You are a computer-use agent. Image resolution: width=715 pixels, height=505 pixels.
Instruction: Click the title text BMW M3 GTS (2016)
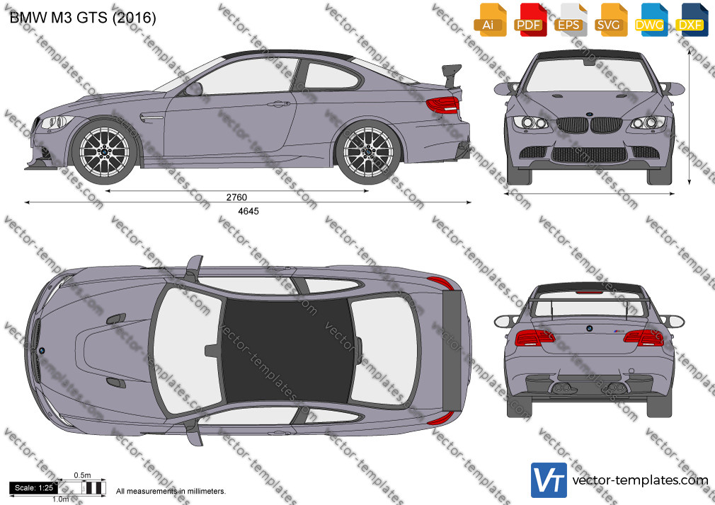[x=83, y=17]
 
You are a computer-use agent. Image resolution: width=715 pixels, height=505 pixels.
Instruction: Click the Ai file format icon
[x=489, y=20]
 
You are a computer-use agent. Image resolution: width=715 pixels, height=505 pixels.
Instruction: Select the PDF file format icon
[x=530, y=20]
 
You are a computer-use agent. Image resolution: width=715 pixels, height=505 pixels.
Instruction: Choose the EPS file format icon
[x=570, y=20]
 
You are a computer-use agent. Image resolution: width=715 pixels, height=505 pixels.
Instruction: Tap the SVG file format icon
[x=610, y=20]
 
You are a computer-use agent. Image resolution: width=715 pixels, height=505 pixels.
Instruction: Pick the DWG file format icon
[x=651, y=20]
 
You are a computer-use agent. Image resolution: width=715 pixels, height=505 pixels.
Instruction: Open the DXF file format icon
[x=692, y=20]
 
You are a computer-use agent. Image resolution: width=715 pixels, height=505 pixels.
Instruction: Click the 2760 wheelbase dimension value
[x=236, y=197]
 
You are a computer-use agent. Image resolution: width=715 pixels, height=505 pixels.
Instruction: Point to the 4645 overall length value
[x=248, y=211]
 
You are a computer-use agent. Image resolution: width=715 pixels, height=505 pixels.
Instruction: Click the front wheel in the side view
[x=105, y=152]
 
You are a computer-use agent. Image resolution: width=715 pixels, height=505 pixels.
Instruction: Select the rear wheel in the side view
[x=367, y=152]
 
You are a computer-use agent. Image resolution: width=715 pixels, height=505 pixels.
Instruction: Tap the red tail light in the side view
[x=442, y=105]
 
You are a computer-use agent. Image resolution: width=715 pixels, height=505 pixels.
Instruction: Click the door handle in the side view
[x=279, y=105]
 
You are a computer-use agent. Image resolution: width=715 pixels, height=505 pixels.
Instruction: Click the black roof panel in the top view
[x=287, y=350]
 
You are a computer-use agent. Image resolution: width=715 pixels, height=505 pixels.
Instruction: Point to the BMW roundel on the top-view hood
[x=42, y=351]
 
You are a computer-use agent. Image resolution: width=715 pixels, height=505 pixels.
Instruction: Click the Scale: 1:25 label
[x=34, y=488]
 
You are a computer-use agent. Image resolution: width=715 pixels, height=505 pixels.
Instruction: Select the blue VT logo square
[x=549, y=480]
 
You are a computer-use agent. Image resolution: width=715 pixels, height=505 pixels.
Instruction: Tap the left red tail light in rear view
[x=534, y=338]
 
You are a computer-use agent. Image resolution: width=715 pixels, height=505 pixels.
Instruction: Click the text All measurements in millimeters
[x=171, y=492]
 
